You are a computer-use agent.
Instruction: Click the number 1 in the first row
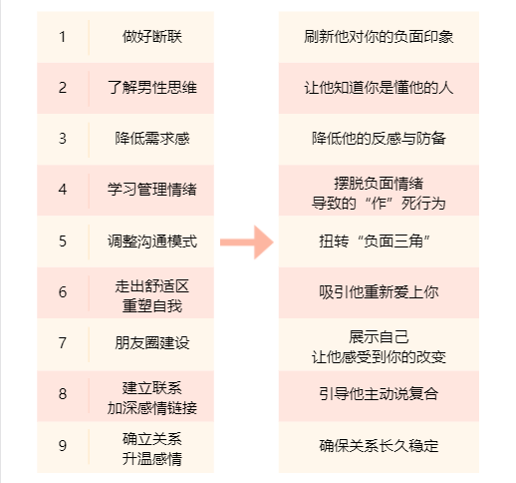[x=62, y=37]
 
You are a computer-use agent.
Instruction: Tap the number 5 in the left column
[x=63, y=241]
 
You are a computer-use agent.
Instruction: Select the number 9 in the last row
[x=63, y=445]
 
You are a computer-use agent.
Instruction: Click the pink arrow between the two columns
[x=247, y=242]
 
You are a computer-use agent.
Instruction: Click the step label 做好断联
[x=152, y=37]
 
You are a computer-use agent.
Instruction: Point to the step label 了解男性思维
[x=152, y=88]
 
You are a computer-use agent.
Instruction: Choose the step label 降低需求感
[x=152, y=139]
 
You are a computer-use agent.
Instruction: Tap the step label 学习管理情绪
[x=152, y=190]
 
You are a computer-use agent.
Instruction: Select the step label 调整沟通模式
[x=152, y=241]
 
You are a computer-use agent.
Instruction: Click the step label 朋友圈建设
[x=152, y=343]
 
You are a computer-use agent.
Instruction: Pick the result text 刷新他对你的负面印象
[x=379, y=37]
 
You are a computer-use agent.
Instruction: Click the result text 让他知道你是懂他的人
[x=379, y=88]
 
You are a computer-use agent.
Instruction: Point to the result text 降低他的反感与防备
[x=379, y=139]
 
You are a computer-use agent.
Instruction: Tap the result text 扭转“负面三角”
[x=375, y=241]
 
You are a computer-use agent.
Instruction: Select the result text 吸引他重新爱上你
[x=379, y=292]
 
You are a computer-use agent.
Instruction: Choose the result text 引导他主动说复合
[x=379, y=394]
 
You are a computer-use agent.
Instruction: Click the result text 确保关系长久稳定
[x=379, y=445]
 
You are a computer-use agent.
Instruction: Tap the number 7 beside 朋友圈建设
[x=63, y=343]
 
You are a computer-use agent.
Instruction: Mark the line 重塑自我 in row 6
[x=152, y=306]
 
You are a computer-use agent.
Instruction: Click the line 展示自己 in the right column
[x=379, y=337]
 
